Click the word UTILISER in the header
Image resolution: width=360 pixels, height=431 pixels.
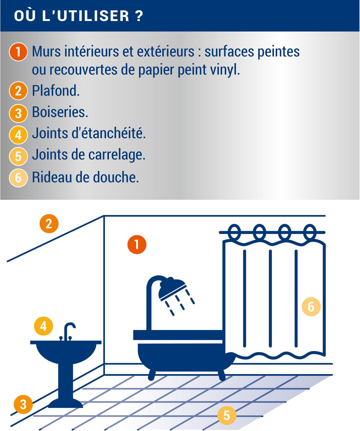pos(93,16)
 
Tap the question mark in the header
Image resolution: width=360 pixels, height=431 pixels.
pos(140,16)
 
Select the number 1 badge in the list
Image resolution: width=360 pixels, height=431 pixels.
pos(18,52)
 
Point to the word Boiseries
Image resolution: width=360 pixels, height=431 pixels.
pos(60,112)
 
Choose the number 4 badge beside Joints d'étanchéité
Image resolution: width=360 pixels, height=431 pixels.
pos(18,135)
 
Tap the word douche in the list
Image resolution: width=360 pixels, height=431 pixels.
pos(116,177)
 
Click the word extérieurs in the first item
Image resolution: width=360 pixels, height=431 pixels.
pos(165,51)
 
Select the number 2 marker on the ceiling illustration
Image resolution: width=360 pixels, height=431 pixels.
pos(49,224)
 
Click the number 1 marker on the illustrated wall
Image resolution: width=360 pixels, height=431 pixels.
pos(137,245)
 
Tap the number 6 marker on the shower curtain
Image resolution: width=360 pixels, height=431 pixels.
pos(311,307)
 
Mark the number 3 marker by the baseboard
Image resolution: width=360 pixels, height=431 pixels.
pos(23,404)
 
